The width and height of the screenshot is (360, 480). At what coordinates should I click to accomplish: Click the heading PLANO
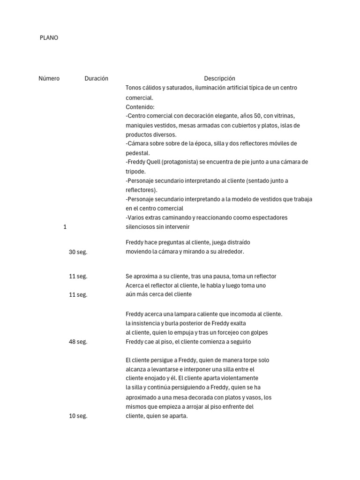(49, 37)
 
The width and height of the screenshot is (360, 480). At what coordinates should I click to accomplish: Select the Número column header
(49, 78)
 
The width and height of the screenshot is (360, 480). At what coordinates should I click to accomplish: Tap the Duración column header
(96, 78)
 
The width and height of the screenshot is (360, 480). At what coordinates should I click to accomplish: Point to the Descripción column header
(219, 78)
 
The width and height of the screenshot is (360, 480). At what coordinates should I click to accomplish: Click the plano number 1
(65, 227)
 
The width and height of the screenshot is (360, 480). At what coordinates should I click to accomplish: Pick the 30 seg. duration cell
(78, 252)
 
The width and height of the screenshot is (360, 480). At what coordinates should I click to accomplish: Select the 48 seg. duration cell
(78, 342)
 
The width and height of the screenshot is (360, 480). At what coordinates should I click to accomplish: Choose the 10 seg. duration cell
(78, 416)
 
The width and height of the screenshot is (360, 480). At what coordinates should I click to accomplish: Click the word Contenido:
(136, 107)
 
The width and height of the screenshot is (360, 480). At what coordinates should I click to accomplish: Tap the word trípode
(135, 172)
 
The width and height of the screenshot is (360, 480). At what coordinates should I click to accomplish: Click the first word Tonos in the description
(134, 88)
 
